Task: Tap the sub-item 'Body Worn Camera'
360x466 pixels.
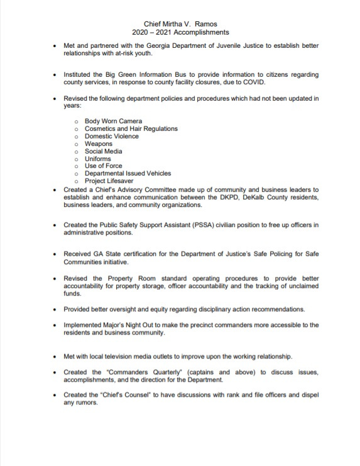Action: point(113,121)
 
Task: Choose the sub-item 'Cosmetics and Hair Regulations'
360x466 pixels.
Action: point(131,128)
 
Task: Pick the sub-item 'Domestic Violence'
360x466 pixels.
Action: point(112,136)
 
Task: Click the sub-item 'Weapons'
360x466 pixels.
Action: point(99,143)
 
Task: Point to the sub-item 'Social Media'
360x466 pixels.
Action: point(104,151)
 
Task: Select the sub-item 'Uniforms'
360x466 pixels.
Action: point(98,158)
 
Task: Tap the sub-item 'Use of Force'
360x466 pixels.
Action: point(104,166)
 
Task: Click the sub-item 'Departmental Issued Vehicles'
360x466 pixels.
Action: point(128,174)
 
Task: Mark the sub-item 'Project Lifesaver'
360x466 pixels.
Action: point(110,181)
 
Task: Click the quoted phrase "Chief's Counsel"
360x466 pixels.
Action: point(124,396)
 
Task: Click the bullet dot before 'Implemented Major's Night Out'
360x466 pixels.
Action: point(55,325)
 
